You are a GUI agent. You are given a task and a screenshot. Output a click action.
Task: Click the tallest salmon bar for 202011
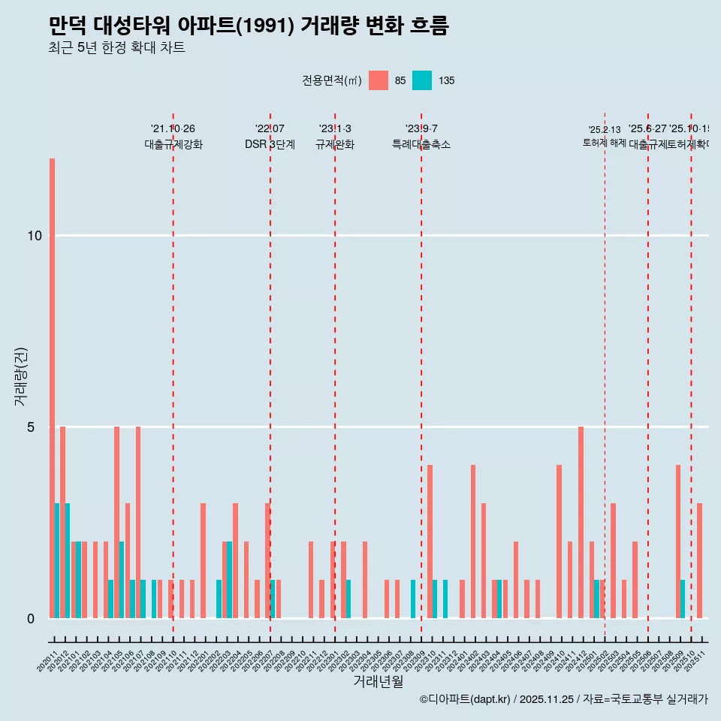click(x=52, y=388)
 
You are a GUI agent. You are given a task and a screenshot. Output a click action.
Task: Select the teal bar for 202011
click(x=57, y=560)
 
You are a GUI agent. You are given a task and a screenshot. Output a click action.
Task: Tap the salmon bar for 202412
click(x=581, y=522)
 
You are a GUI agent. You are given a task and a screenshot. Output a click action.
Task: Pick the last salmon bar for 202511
click(x=699, y=560)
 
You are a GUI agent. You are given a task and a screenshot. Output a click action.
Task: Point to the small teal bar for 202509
click(x=683, y=599)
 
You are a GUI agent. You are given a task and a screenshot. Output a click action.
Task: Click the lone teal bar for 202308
click(x=413, y=599)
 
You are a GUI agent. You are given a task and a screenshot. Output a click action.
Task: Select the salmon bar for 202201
click(x=203, y=560)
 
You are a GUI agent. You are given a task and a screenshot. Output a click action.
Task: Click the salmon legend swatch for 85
click(x=379, y=80)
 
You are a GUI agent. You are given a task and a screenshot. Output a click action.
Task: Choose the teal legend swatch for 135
click(x=422, y=80)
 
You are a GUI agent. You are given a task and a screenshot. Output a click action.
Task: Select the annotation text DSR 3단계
click(x=270, y=144)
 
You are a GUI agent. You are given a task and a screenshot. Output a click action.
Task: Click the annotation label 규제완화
click(x=335, y=144)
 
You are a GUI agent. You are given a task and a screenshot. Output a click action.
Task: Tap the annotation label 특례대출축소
click(x=421, y=144)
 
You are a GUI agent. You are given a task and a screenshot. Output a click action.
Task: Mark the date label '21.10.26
click(x=173, y=128)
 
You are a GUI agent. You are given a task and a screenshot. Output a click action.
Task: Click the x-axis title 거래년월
click(x=379, y=682)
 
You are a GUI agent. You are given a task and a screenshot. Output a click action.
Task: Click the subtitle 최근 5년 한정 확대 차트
click(x=116, y=48)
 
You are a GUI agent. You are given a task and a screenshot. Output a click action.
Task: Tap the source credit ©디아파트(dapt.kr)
click(x=465, y=699)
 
